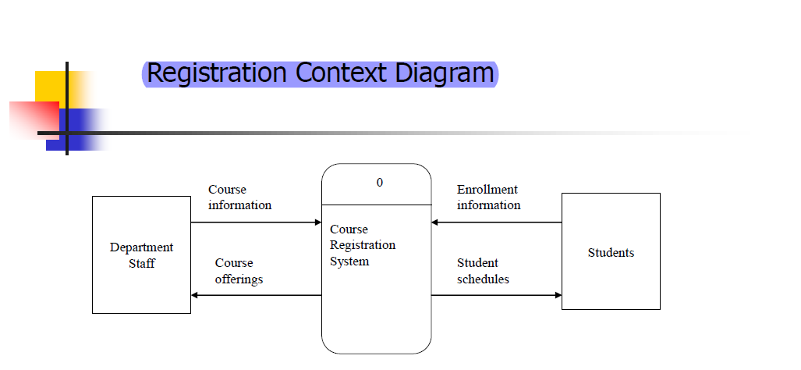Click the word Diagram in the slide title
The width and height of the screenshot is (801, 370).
445,73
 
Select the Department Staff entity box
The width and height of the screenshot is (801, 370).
141,254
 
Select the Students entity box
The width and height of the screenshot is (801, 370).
611,251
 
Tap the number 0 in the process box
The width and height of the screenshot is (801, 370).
380,183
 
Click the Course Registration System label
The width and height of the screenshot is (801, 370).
363,245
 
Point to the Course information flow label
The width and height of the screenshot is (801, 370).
239,197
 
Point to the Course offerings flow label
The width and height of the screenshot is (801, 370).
239,271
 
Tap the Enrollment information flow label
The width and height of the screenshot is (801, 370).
488,197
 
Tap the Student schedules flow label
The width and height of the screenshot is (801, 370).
483,271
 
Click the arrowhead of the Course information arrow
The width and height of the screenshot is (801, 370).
318,222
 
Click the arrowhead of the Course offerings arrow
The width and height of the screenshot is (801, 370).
195,295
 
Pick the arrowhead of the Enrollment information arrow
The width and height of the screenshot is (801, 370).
435,222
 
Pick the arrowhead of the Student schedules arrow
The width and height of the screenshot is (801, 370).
558,295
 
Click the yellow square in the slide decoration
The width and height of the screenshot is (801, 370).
49,85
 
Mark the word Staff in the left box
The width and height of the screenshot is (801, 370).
142,263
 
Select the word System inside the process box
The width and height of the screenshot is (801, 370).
349,261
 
